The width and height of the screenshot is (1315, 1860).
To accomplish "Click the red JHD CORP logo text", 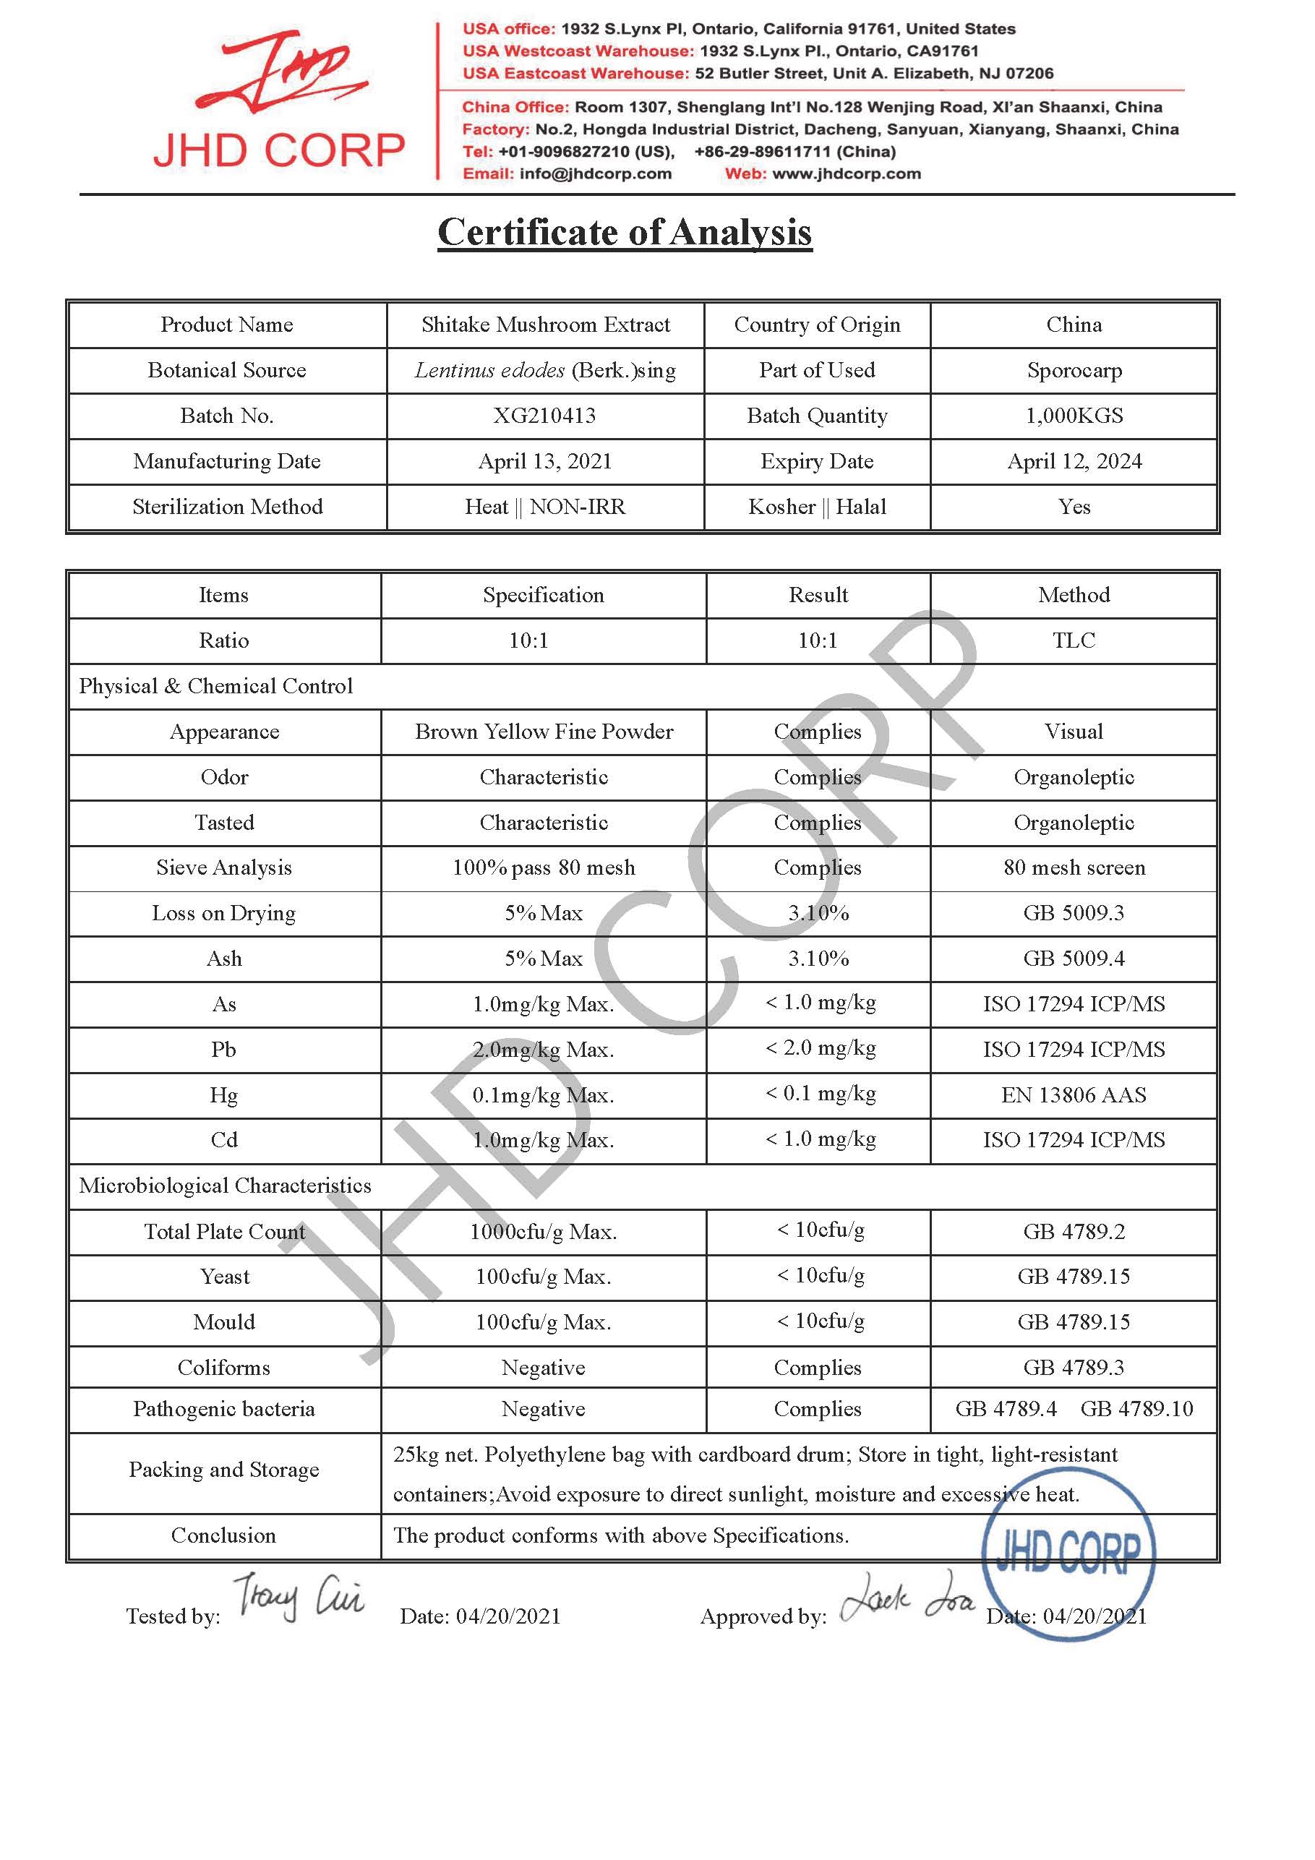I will [x=279, y=150].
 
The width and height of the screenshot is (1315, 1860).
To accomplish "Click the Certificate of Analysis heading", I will [x=624, y=233].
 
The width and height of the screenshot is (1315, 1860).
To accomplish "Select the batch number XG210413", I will [x=544, y=416].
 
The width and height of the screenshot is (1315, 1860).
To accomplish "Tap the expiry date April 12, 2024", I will [x=1074, y=461].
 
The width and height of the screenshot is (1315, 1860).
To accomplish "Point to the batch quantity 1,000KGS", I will [x=1074, y=416].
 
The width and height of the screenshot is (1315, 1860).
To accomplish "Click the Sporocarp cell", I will [x=1074, y=370].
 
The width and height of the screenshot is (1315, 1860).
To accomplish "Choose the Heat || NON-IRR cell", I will [x=544, y=507].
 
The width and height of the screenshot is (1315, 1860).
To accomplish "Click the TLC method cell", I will [x=1074, y=640].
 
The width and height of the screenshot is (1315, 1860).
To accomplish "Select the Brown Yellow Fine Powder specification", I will [x=544, y=732].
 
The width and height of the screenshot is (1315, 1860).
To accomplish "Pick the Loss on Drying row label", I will [x=223, y=913].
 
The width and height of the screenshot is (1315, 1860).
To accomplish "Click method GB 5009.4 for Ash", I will [x=1074, y=959].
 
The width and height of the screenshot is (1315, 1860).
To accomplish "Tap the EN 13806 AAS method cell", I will [x=1074, y=1095].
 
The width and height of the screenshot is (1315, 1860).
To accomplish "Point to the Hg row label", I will [x=223, y=1095].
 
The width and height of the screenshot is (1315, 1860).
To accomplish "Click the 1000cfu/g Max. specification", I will [x=544, y=1233].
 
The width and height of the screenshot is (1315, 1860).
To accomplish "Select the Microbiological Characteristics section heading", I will [x=226, y=1186].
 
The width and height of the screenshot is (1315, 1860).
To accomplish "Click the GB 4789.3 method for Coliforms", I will [x=1074, y=1368].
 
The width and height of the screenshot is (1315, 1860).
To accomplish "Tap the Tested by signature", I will [x=298, y=1596].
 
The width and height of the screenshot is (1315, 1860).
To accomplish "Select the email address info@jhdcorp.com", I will [x=596, y=173].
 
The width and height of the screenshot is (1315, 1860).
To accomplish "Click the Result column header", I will [x=818, y=596].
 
